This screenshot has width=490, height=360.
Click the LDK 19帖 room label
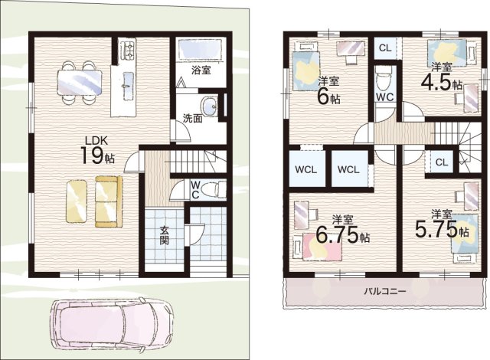(x=98, y=151)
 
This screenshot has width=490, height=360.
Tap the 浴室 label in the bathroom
(x=201, y=70)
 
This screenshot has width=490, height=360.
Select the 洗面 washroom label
(x=192, y=119)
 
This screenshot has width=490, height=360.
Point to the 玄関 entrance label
(x=165, y=235)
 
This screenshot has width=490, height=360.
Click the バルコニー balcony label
(x=384, y=291)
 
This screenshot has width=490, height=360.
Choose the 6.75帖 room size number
(x=342, y=235)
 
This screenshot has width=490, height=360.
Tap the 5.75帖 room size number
(x=442, y=230)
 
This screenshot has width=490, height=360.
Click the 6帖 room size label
(x=328, y=97)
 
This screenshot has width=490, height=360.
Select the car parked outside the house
(x=112, y=324)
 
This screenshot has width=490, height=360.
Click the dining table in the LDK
(x=80, y=82)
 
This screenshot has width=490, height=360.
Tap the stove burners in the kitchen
(x=128, y=49)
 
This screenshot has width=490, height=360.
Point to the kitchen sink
(x=128, y=81)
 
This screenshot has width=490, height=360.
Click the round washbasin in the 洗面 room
(x=209, y=106)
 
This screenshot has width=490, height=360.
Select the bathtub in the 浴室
(x=201, y=49)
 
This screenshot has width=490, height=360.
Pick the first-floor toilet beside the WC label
(x=214, y=190)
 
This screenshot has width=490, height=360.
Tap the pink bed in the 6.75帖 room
(x=322, y=247)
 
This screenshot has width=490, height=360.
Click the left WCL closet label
(x=306, y=170)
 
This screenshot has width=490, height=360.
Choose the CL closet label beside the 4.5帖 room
(x=385, y=47)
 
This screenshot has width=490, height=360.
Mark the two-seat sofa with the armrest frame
(x=109, y=201)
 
